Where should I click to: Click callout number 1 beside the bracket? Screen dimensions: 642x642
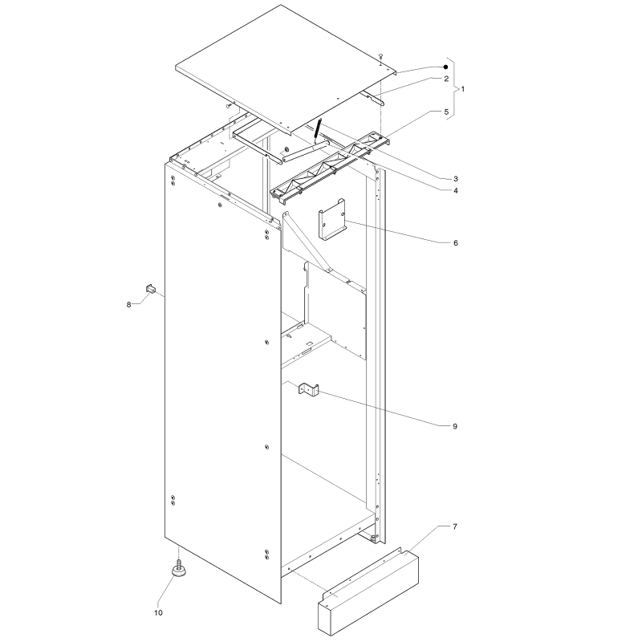coord(463,89)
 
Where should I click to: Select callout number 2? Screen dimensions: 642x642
coord(446,79)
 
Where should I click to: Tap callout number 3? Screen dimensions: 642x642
coord(456,178)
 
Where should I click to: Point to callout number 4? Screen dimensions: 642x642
coord(456,190)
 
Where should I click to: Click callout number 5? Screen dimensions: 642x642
coord(446,112)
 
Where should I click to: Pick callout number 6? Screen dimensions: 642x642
coord(456,243)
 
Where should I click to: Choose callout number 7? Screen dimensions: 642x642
coord(455,526)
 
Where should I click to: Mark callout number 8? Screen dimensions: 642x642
coord(128,305)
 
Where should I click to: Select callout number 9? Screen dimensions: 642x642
coord(455,426)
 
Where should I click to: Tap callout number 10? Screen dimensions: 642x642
coord(158,612)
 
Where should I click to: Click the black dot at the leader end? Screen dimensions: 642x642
coord(446,67)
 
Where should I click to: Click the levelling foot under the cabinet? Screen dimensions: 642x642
coord(179,567)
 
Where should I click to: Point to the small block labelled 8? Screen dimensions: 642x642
coord(151,289)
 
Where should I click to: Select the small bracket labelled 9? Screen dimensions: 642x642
coord(309,390)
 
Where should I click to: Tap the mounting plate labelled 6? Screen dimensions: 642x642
coord(332,220)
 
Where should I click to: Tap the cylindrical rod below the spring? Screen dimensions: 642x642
coord(306,150)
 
